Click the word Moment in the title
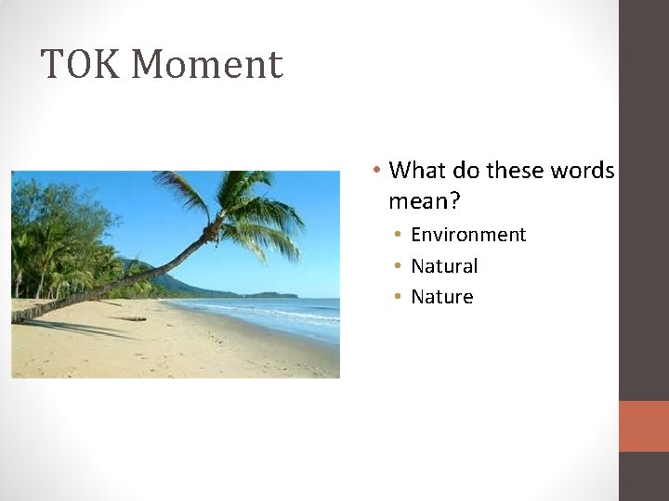[206, 65]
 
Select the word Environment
[468, 235]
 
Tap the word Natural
[444, 266]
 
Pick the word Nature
[441, 297]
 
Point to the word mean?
[425, 200]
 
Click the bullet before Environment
[397, 235]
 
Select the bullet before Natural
[397, 266]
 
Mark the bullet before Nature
[397, 297]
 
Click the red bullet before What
[374, 171]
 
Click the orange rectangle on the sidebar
[643, 426]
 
